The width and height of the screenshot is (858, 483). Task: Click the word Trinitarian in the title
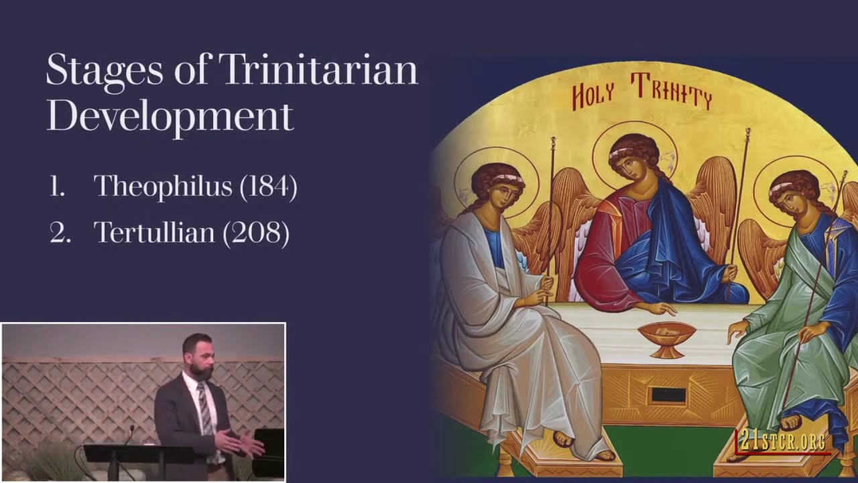[x=318, y=70]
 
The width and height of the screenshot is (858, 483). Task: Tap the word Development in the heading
[x=170, y=116]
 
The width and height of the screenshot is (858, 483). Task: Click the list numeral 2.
[x=60, y=233]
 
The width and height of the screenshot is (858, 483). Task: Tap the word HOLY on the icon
[x=593, y=97]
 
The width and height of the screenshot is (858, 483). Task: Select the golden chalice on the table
[x=666, y=337]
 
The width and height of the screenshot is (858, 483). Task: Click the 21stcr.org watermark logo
[x=782, y=441]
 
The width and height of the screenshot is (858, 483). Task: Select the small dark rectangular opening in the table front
[x=668, y=395]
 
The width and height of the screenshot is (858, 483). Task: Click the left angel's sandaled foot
[x=563, y=439]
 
